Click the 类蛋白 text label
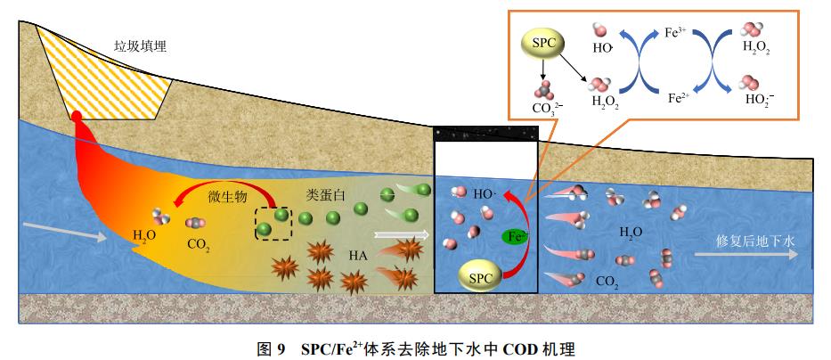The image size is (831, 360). tap(326, 195)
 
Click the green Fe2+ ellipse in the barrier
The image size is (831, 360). tap(515, 237)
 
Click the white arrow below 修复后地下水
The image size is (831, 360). tap(753, 254)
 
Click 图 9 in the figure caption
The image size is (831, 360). tap(269, 346)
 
